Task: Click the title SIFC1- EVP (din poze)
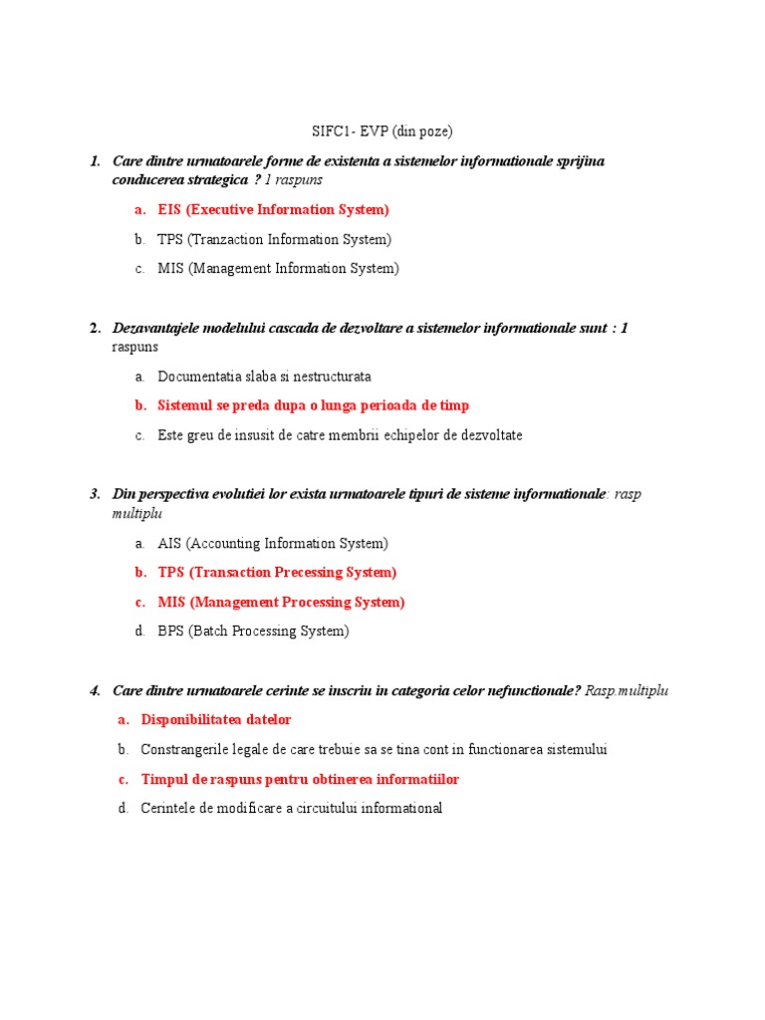(x=382, y=130)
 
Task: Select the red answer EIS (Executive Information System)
(x=273, y=210)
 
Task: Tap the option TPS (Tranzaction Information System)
(x=274, y=239)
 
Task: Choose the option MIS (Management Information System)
(x=278, y=268)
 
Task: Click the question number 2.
(x=95, y=328)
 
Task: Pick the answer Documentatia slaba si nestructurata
(x=264, y=377)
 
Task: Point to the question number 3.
(x=95, y=493)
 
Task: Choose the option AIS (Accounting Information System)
(x=272, y=543)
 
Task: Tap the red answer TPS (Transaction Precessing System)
(x=277, y=572)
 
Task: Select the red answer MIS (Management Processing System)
(x=281, y=602)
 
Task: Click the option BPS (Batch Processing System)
(x=253, y=631)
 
